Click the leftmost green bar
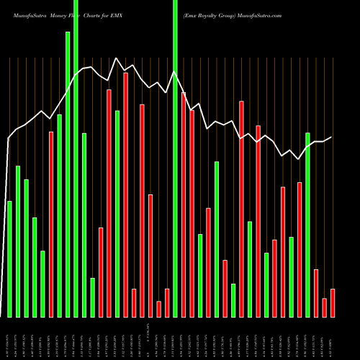[9, 259]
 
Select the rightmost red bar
[333, 302]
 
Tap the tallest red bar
[125, 194]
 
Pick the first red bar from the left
[51, 224]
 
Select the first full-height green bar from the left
[76, 158]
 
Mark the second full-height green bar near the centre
[175, 158]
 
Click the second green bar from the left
[18, 241]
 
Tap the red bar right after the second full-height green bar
[184, 204]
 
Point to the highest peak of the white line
[117, 58]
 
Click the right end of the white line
[331, 138]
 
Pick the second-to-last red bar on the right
[324, 307]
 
